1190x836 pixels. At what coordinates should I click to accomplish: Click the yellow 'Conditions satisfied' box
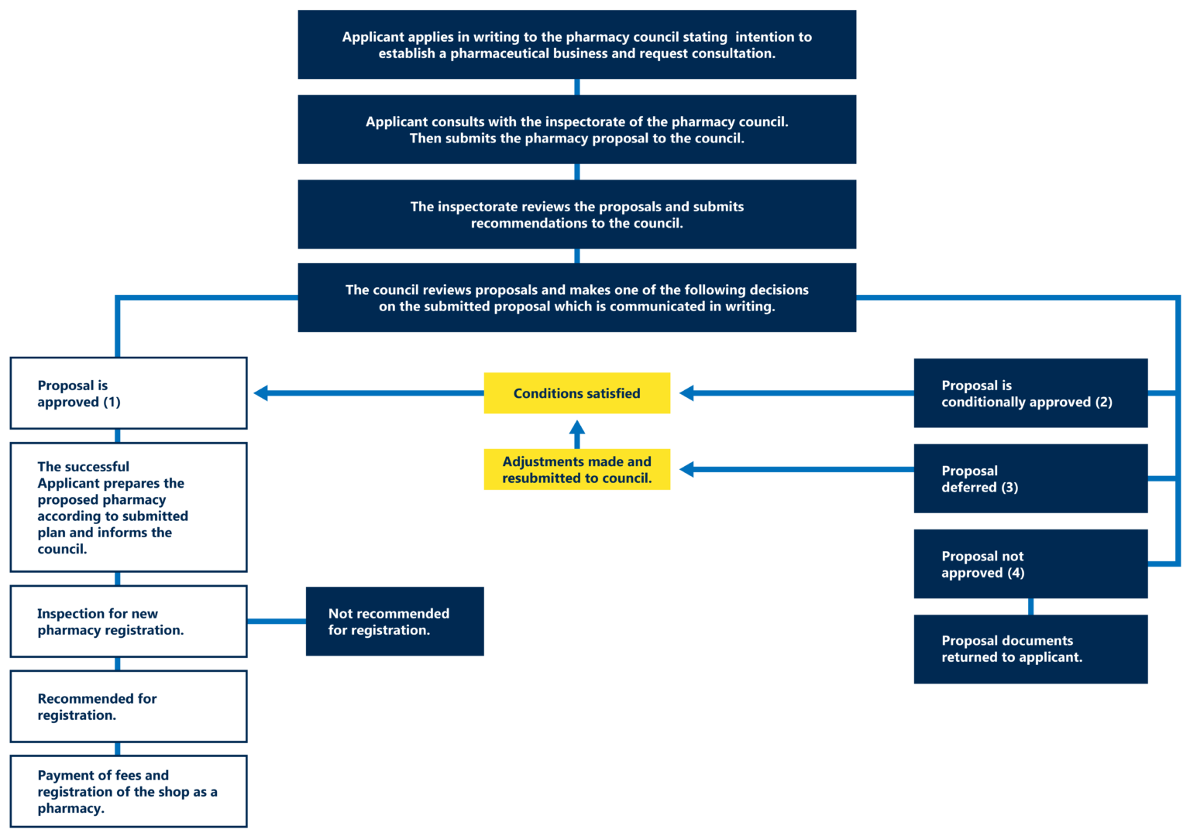coord(576,392)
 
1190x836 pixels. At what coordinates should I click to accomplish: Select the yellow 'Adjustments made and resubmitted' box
coord(576,469)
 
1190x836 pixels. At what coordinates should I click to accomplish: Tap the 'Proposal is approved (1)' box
coord(129,393)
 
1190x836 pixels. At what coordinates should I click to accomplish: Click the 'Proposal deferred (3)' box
coord(1030,478)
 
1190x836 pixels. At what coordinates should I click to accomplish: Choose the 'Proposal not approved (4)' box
coord(1030,564)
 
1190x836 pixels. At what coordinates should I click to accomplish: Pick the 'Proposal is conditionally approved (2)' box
coord(1030,392)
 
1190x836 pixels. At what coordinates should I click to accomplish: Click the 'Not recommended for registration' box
coord(394,621)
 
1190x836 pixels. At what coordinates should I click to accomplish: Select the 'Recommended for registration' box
coord(129,706)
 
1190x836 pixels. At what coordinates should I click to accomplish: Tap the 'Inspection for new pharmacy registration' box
coord(129,621)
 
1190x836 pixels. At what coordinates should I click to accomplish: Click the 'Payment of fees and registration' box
coord(129,791)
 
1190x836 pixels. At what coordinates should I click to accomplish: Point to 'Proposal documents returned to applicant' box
coord(1030,649)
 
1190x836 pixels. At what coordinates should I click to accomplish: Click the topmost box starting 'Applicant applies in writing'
coord(576,44)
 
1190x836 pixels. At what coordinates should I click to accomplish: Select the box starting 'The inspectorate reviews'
coord(576,214)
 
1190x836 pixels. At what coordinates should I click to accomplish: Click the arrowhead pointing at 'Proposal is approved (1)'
coord(261,392)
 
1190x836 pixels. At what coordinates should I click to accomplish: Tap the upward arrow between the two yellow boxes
coord(576,431)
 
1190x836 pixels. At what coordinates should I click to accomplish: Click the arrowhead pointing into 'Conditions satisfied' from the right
coord(686,392)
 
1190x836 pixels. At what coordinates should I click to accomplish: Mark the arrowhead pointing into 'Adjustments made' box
coord(686,469)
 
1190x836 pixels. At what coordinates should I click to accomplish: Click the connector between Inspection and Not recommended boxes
coord(276,621)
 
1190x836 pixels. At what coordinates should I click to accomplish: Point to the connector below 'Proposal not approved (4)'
coord(1030,606)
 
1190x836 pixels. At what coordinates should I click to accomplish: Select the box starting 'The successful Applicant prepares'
coord(129,507)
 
